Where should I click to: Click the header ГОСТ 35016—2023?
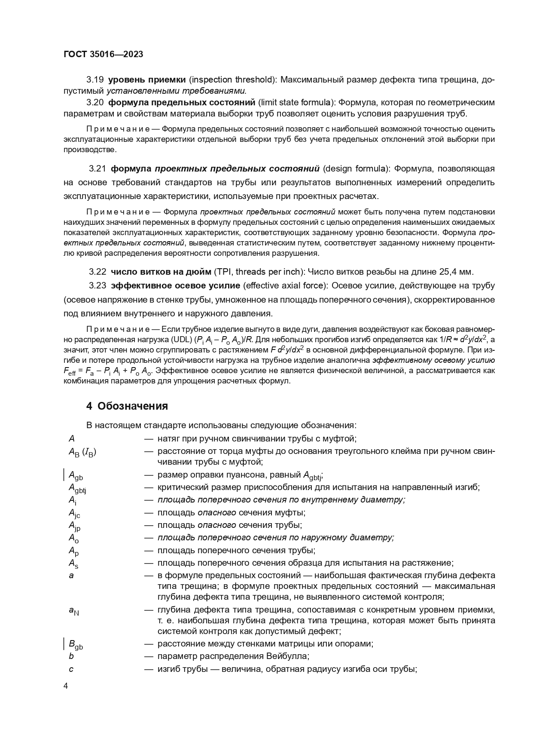click(103, 54)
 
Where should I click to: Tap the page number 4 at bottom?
click(66, 686)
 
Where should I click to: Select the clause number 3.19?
click(95, 80)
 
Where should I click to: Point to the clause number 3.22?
click(97, 272)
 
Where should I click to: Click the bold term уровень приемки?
click(147, 80)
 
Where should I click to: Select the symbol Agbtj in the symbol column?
click(77, 488)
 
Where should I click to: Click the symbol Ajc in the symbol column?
click(74, 513)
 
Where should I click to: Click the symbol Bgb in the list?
click(76, 644)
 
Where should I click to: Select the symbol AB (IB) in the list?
click(82, 452)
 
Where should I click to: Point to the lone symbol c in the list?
click(71, 669)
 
